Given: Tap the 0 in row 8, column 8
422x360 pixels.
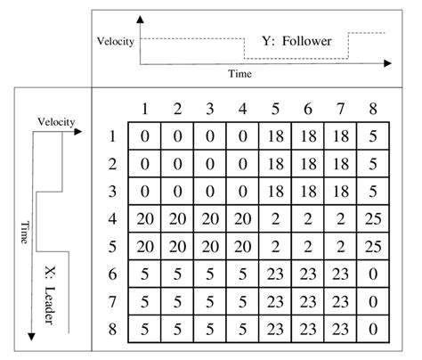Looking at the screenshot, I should [x=371, y=328].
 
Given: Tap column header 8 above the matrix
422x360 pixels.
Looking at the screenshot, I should [x=371, y=110].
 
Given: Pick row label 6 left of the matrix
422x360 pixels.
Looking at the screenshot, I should [x=111, y=274].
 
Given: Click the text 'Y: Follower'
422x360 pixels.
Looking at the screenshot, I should [x=296, y=41].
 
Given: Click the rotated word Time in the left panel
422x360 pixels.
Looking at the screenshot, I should [x=24, y=231].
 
